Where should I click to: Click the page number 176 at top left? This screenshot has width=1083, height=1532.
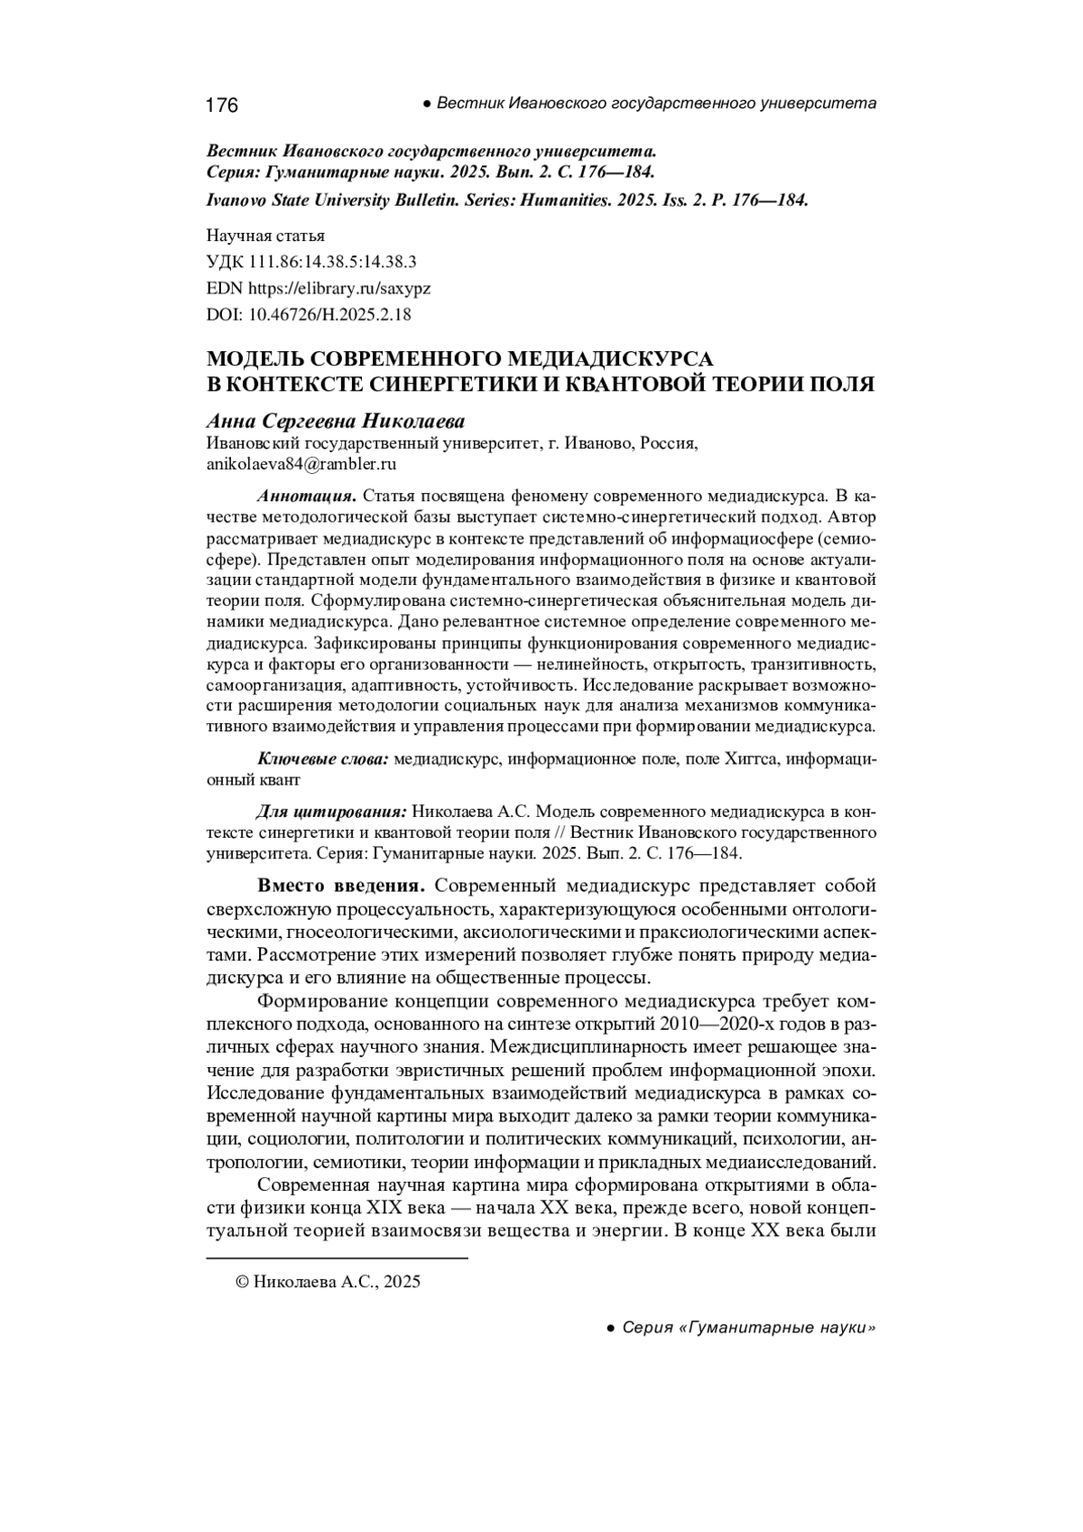222,106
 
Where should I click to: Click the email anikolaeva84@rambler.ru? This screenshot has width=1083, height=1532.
302,465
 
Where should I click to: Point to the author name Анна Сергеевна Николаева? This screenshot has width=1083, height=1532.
336,422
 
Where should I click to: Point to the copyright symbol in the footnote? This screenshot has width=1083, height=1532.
241,1282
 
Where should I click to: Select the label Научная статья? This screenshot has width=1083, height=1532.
265,237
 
